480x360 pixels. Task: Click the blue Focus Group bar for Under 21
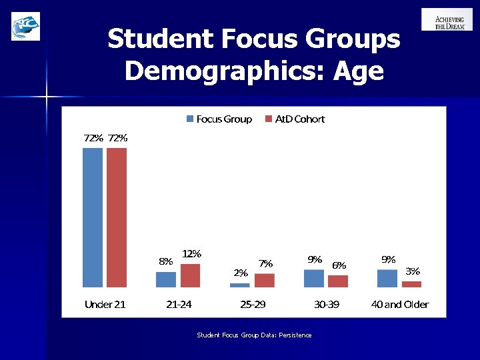tap(93, 217)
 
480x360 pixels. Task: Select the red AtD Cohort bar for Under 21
tap(117, 217)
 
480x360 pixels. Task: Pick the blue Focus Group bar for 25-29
tap(239, 285)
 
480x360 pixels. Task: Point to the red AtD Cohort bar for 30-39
tap(338, 281)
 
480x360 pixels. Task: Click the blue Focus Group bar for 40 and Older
tap(387, 279)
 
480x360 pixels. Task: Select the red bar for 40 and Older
tap(411, 284)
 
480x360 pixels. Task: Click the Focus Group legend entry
tap(219, 119)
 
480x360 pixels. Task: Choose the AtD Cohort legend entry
tap(295, 119)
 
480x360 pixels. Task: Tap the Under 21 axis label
tap(105, 305)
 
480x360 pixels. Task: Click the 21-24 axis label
tap(179, 305)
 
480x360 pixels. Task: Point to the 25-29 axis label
tap(253, 305)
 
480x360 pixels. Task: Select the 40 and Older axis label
tap(400, 305)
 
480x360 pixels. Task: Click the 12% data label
tap(192, 254)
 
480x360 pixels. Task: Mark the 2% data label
tap(241, 273)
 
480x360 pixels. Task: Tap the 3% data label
tap(413, 271)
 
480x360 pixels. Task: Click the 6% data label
tap(339, 265)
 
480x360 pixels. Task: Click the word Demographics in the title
tap(219, 70)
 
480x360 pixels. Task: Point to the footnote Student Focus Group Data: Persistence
tap(254, 335)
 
